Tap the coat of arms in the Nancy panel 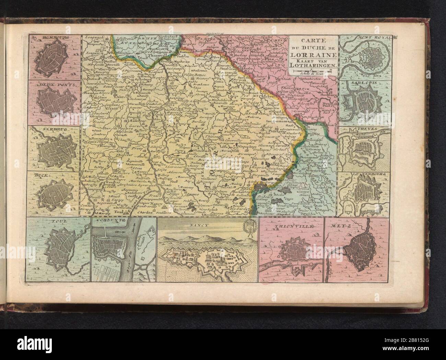click(x=248, y=227)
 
